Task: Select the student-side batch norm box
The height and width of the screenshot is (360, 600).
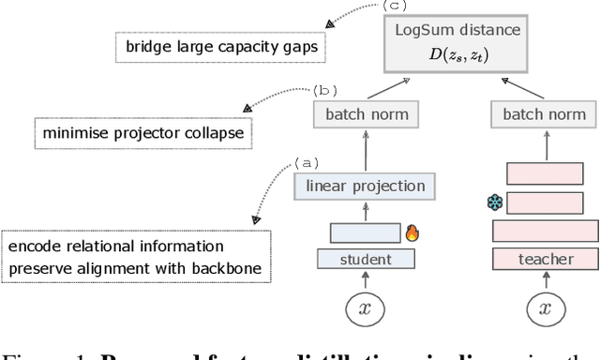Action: pos(367,115)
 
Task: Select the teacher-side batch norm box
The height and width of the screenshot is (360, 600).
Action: pos(545,115)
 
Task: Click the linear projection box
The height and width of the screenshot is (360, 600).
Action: pos(365,186)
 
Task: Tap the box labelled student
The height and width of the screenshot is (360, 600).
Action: pos(366,259)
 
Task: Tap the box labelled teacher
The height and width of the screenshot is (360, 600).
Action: pos(545,259)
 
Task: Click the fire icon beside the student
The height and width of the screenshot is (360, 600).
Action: pos(411,232)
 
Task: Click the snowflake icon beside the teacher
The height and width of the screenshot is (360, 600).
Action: pos(494,202)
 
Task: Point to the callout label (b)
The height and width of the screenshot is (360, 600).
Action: pos(324,91)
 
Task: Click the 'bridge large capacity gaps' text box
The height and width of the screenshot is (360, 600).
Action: pos(193,45)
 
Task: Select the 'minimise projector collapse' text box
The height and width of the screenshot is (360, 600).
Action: pos(142,133)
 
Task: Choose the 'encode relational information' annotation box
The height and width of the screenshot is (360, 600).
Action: pos(136,257)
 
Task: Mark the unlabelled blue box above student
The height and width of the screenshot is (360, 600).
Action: pos(365,232)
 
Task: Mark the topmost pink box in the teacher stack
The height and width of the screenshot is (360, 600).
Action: pos(544,173)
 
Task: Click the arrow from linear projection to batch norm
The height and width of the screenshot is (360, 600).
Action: pos(366,151)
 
